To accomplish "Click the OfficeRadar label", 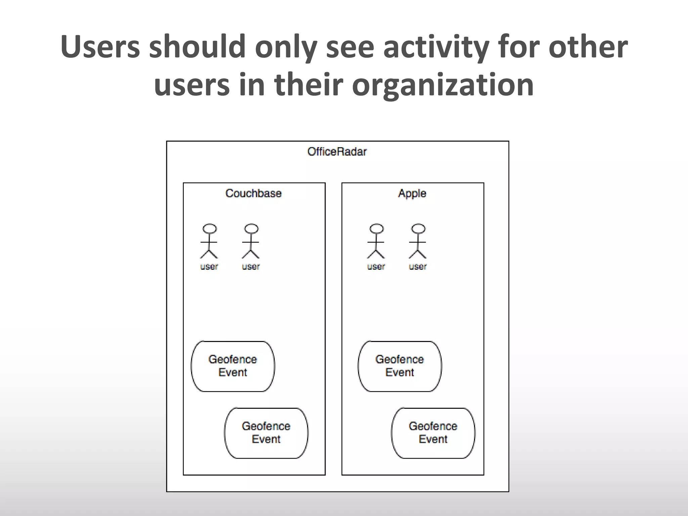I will [x=337, y=152].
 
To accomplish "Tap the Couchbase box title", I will [x=254, y=193].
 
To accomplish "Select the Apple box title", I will [x=412, y=193].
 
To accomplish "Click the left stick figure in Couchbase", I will [x=209, y=242].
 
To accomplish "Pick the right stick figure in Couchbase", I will [x=251, y=242].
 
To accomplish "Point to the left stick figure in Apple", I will [x=376, y=242].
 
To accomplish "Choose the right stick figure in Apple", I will [x=418, y=242].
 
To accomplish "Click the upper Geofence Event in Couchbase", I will [x=233, y=366].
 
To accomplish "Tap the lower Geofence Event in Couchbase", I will [x=266, y=433].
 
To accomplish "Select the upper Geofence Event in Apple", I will [x=400, y=366].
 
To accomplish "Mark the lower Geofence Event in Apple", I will [x=433, y=433].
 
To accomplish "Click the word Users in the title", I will [x=100, y=47].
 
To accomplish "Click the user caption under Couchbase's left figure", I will [x=209, y=267].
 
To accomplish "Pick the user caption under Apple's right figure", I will [x=418, y=267].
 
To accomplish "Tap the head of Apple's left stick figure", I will [x=376, y=229].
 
